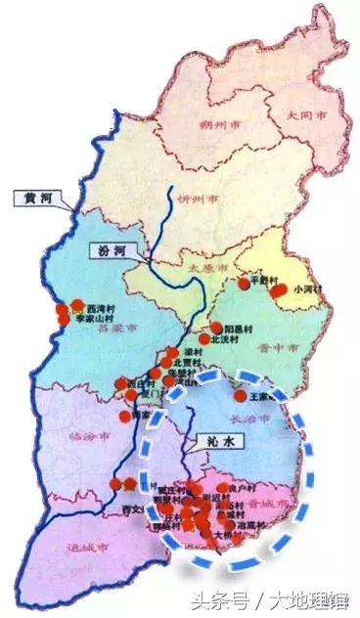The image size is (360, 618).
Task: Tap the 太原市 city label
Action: click(208, 266)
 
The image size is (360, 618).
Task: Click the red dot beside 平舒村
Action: click(245, 284)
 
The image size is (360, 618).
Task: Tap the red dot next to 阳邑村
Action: click(216, 328)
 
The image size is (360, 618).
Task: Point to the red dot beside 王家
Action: click(241, 397)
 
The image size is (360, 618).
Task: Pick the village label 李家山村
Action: click(96, 319)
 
